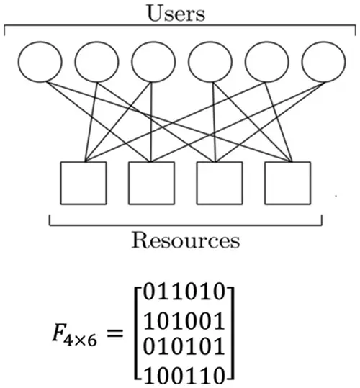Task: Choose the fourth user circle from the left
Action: click(x=209, y=63)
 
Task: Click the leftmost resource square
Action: click(x=83, y=183)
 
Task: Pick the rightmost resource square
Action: click(x=287, y=183)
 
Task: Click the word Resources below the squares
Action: click(x=185, y=240)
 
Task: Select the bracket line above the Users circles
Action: click(x=179, y=27)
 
